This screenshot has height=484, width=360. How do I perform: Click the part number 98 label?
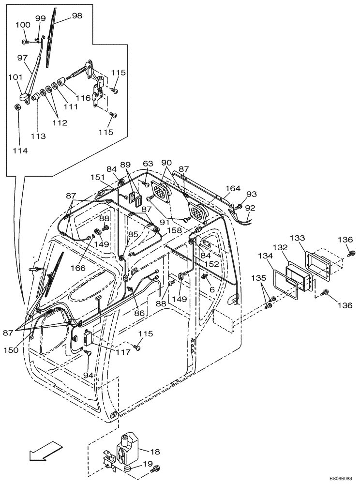pos(76,15)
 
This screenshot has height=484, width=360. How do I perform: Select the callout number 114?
pos(20,151)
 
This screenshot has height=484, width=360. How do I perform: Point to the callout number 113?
pos(40,136)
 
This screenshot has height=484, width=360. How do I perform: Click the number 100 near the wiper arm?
pos(23,25)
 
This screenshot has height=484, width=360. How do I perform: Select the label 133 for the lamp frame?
pos(298,238)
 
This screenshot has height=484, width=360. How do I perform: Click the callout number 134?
pos(265,256)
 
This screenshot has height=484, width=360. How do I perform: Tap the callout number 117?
pos(123,352)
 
